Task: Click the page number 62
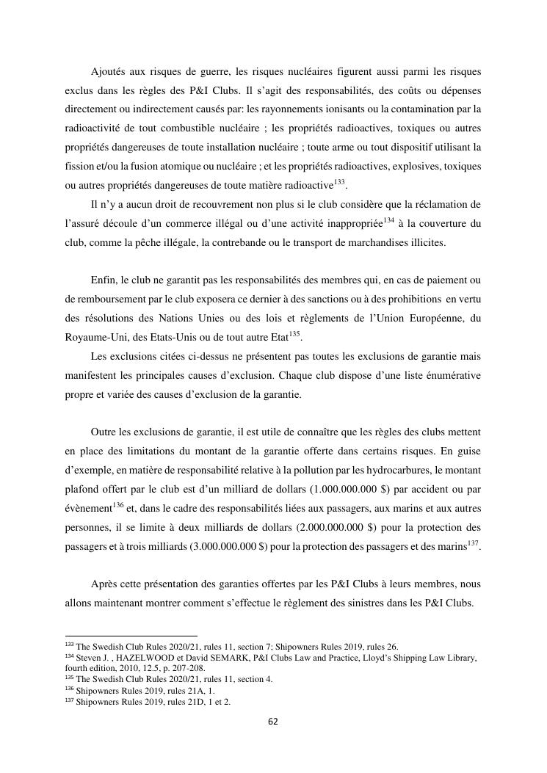[273, 722]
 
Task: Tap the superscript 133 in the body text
[339, 181]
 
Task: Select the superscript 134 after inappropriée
[388, 219]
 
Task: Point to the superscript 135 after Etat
[294, 334]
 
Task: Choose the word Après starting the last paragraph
[104, 584]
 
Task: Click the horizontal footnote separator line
[131, 636]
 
